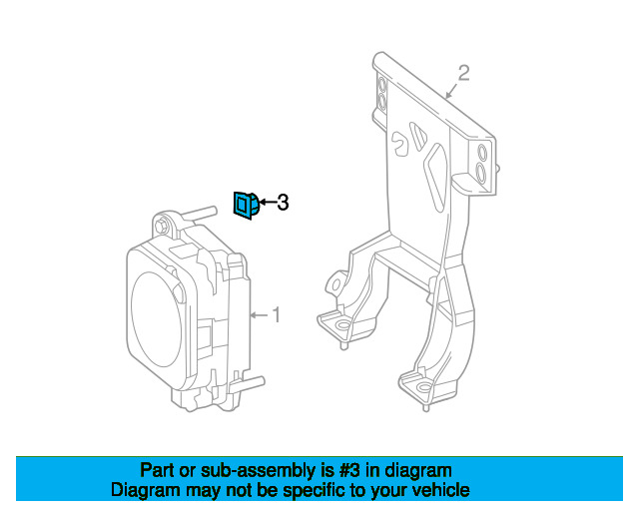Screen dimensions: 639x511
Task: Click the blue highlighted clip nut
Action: [245, 204]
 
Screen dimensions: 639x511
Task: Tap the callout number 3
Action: [283, 203]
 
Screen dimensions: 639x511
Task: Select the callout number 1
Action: [277, 315]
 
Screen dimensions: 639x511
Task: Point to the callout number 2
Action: [463, 72]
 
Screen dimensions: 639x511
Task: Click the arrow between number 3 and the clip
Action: [266, 203]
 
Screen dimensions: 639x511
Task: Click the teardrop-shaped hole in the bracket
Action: [400, 143]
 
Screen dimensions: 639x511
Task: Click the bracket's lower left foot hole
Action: [343, 325]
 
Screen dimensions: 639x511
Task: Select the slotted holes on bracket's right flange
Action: [481, 163]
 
